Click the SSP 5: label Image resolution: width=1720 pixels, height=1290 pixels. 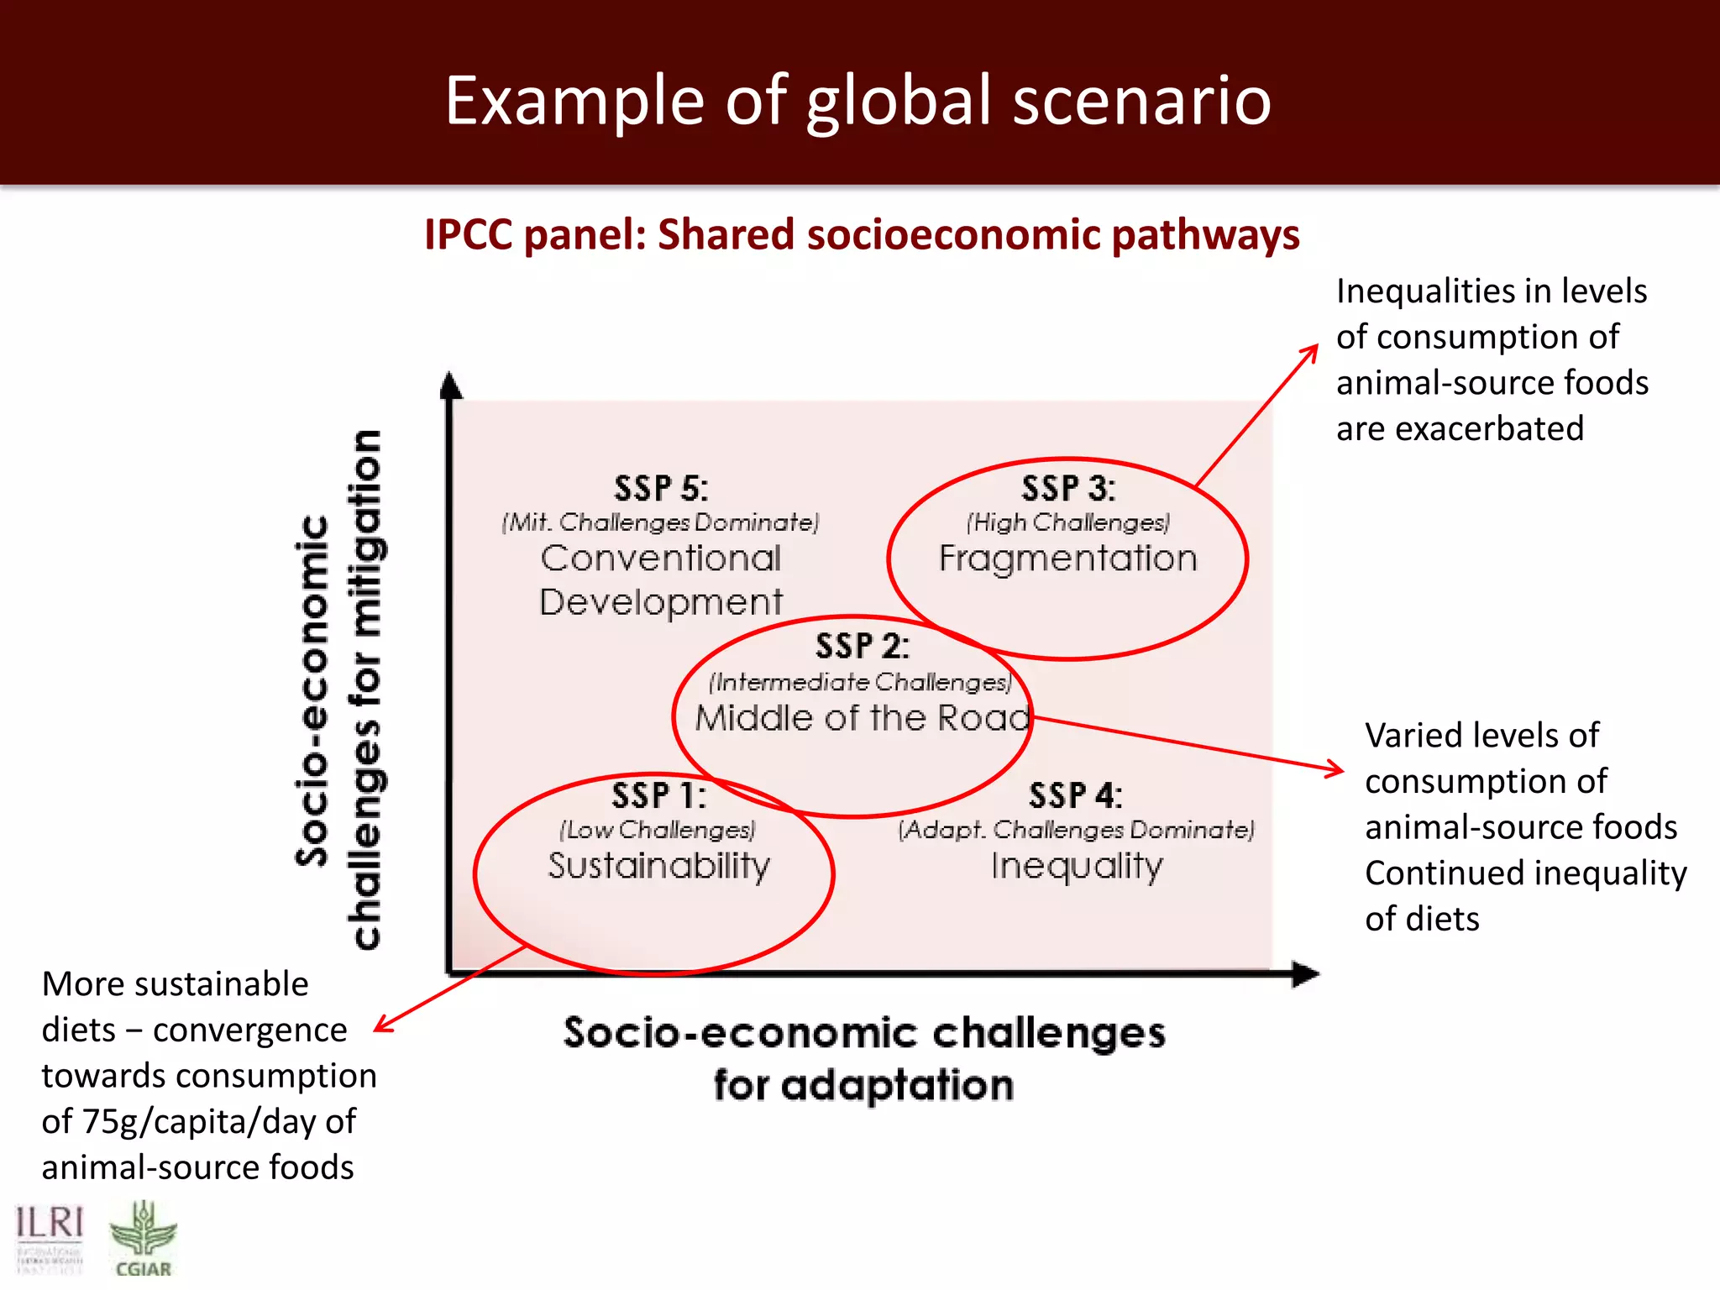coord(661,489)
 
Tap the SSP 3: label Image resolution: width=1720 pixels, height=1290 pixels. coord(1068,489)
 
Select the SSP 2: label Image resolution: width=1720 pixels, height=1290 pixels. coord(862,646)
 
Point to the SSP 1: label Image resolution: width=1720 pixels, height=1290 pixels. coord(658,795)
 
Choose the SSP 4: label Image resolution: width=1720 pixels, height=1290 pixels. coord(1075,795)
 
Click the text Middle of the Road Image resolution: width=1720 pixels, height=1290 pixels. coord(862,718)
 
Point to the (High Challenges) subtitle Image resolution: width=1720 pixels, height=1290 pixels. coord(1067,522)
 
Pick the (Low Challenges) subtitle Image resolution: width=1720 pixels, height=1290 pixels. coord(658,830)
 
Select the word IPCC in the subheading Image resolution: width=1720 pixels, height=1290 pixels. coord(468,234)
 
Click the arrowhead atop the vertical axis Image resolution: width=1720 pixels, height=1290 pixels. coord(451,385)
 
